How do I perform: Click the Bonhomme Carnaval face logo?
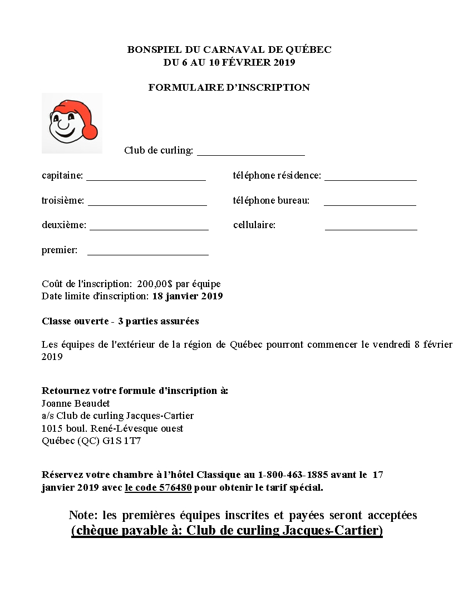click(x=72, y=124)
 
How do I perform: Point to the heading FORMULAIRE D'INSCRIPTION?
click(x=229, y=87)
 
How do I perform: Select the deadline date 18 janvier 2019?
click(x=188, y=296)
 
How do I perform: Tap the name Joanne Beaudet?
click(x=76, y=403)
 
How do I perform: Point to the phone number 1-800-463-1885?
click(x=293, y=475)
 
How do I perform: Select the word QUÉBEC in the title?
click(x=309, y=50)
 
